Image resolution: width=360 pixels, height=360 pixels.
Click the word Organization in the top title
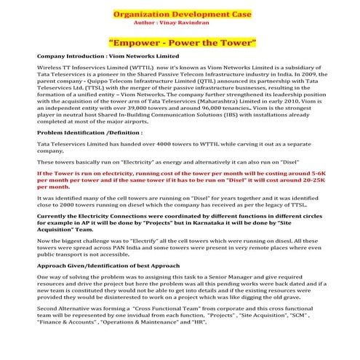click(x=140, y=13)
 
